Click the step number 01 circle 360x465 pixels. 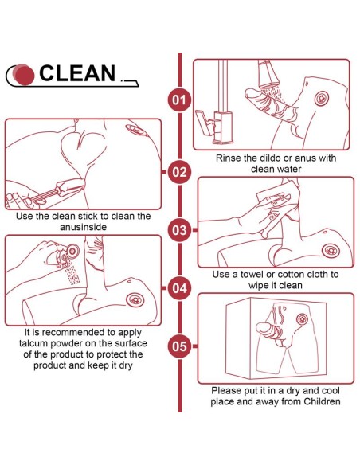[x=180, y=100]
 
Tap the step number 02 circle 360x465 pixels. [x=180, y=172]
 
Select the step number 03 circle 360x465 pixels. [x=180, y=230]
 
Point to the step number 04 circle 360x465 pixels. [x=180, y=288]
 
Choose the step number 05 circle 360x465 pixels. [x=180, y=346]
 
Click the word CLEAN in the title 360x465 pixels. [x=77, y=73]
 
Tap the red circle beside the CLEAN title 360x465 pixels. [x=25, y=74]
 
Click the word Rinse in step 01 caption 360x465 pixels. [x=228, y=158]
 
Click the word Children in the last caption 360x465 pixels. [x=322, y=401]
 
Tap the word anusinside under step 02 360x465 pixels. [x=83, y=227]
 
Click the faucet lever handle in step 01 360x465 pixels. [x=204, y=123]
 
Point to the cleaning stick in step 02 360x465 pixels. [x=57, y=190]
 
